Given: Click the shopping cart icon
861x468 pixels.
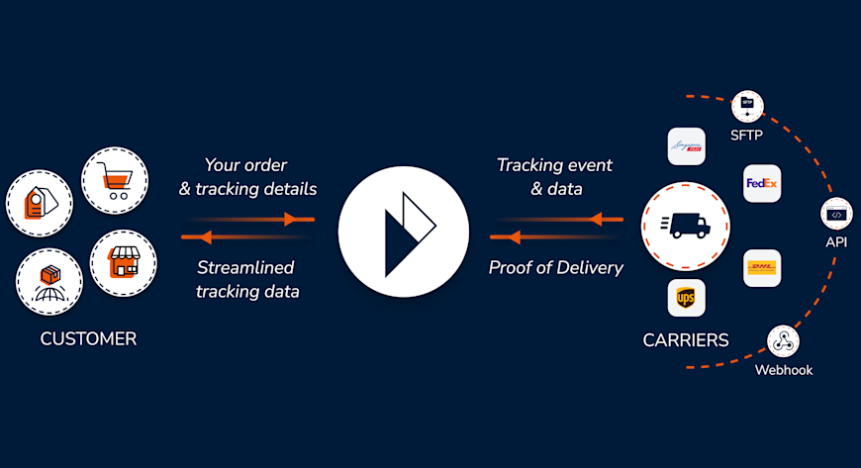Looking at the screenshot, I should (114, 180).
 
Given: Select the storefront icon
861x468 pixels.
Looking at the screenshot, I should (124, 263).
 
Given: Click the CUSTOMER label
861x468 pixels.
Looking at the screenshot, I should (88, 339).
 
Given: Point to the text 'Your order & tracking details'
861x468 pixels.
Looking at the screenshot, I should (247, 176).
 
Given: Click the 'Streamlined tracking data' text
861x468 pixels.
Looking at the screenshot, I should (247, 279).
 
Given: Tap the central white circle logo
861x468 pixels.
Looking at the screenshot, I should (403, 234).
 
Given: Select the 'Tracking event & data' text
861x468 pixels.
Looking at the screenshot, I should (554, 176).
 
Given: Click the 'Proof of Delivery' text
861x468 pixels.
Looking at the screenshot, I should (555, 267).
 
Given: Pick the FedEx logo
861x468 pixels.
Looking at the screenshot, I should (762, 184).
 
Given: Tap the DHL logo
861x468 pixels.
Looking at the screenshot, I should (762, 268).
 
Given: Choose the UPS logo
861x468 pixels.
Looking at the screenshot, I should (686, 297).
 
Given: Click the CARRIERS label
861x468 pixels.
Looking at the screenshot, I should (686, 340).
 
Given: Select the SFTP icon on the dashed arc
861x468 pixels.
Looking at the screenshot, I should (748, 104).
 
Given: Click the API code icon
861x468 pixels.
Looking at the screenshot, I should (836, 214).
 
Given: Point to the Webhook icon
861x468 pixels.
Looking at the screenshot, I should (783, 341).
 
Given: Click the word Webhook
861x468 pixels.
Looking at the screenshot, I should (783, 370).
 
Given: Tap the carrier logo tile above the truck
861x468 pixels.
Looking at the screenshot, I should (686, 146).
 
